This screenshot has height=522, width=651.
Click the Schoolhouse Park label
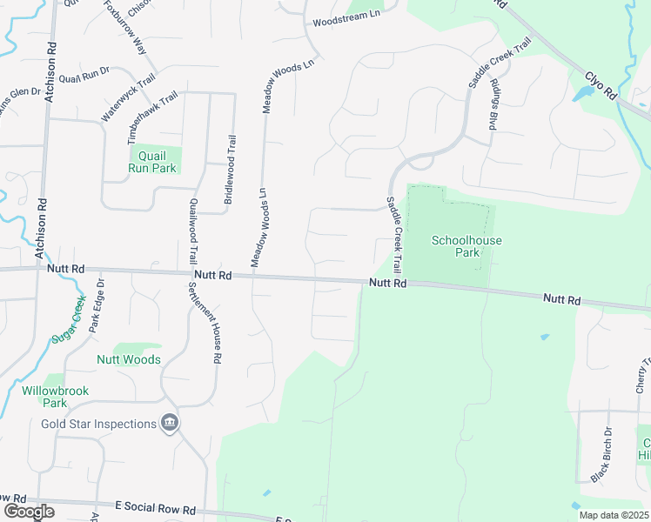[466, 246]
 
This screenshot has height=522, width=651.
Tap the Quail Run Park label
[152, 161]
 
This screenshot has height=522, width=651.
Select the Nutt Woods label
[128, 359]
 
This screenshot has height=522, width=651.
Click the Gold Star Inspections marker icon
[171, 424]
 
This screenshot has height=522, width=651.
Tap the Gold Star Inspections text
[99, 425]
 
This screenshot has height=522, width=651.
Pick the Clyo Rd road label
[601, 84]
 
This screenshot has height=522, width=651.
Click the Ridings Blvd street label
[493, 105]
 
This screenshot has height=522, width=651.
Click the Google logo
[29, 512]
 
